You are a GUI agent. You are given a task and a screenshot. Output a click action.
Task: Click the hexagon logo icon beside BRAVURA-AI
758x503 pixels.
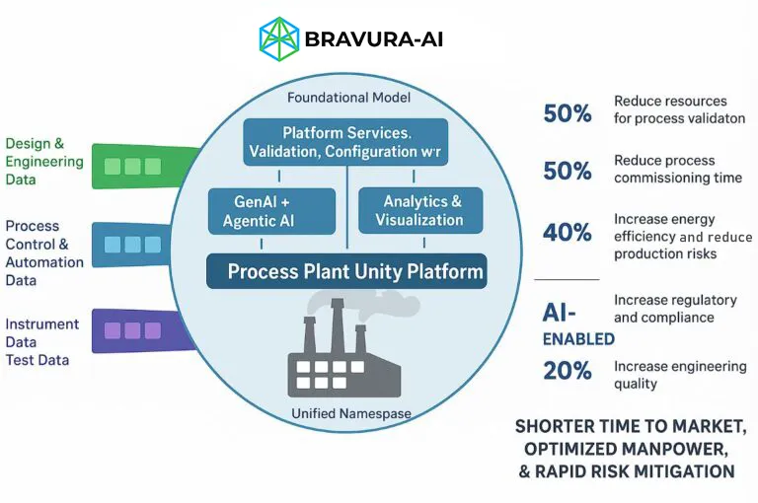(x=278, y=37)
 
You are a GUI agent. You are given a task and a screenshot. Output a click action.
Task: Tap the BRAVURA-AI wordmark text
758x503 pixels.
(x=374, y=39)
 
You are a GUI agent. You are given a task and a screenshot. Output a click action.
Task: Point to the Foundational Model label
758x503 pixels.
(x=348, y=98)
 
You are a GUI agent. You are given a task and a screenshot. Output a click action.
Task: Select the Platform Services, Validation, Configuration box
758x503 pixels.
(x=344, y=142)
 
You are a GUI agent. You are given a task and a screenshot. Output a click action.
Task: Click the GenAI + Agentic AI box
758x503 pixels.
(x=258, y=211)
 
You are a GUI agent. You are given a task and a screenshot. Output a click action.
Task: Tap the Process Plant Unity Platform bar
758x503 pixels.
(x=345, y=271)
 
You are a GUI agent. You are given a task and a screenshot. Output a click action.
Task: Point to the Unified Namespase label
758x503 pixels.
(x=350, y=413)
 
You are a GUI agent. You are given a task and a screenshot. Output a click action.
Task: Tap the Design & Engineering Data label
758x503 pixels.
(x=43, y=162)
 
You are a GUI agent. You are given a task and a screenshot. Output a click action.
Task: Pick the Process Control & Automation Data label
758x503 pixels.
(x=44, y=253)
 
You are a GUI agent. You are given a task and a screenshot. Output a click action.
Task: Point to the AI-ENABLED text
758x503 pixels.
(x=577, y=323)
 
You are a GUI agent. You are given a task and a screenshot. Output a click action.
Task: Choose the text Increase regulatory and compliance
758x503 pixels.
(x=675, y=309)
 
